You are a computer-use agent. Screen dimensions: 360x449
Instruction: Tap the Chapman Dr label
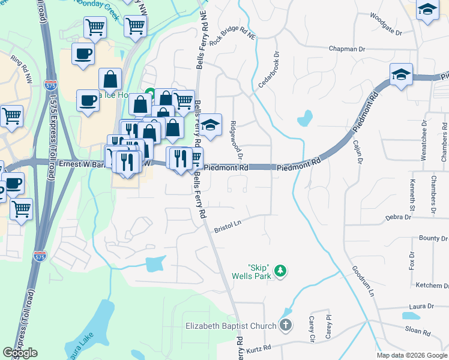coord(347,49)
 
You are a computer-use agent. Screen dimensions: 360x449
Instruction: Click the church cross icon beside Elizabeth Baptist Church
coord(285,326)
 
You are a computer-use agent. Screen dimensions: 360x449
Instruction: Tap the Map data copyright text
coord(412,355)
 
